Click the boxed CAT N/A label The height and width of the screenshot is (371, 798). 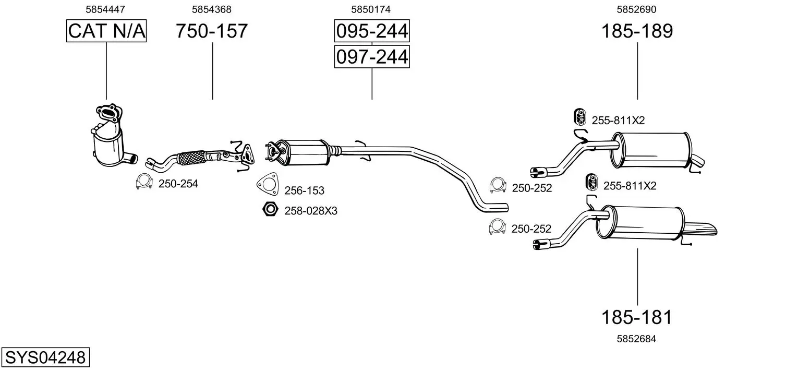(106, 31)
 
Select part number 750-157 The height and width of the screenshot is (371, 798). (211, 31)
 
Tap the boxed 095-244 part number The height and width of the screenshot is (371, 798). (371, 31)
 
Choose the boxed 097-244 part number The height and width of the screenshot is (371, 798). (371, 56)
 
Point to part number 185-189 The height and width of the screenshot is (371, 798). (637, 31)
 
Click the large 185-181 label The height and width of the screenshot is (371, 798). (636, 317)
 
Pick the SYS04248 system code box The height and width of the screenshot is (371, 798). (45, 357)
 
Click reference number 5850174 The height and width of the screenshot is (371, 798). (371, 9)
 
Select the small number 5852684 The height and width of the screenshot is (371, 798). (636, 339)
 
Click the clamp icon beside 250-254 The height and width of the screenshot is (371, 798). (143, 182)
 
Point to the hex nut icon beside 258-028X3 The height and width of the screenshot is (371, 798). (269, 210)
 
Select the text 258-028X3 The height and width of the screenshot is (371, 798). (311, 211)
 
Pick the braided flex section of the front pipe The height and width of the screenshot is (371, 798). (191, 157)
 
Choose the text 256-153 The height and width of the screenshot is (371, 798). (304, 191)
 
